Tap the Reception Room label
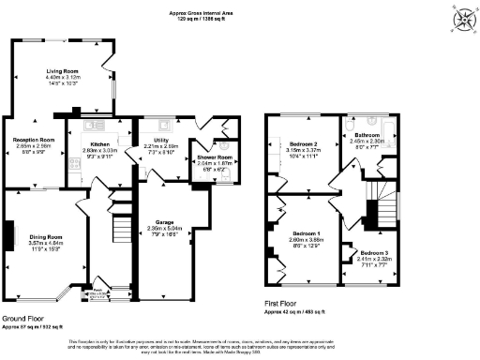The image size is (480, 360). click(34, 140)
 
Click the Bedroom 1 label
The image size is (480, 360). click(306, 232)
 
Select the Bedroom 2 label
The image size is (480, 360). click(306, 142)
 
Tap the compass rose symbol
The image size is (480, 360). click(461, 20)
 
